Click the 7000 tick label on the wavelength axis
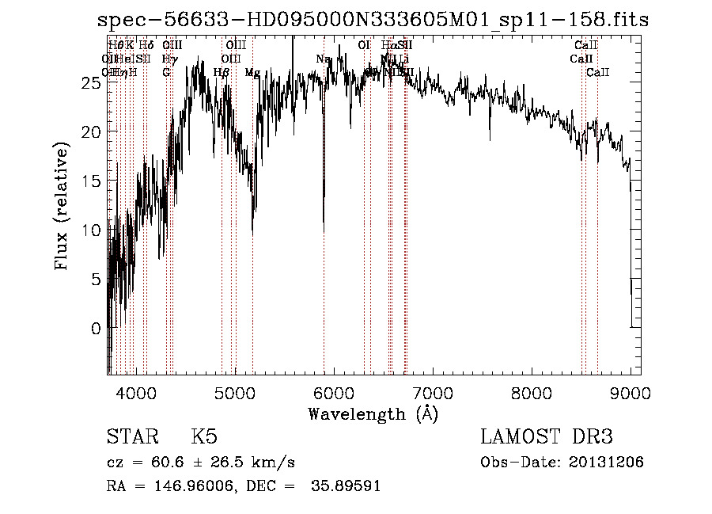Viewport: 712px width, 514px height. [433, 392]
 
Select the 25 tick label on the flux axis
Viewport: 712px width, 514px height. [93, 82]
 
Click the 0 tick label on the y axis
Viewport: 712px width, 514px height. [97, 328]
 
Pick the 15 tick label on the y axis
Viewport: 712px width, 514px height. [93, 181]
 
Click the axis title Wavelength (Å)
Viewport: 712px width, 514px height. [373, 413]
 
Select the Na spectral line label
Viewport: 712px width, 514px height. [323, 59]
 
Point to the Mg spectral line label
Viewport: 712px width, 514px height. [252, 72]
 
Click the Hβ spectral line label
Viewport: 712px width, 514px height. [222, 72]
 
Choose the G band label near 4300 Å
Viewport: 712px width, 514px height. [166, 72]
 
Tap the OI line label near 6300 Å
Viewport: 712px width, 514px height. [364, 46]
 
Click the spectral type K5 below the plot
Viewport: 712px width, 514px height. [204, 436]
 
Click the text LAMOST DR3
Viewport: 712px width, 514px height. [546, 436]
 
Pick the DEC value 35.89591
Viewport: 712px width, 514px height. [347, 485]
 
